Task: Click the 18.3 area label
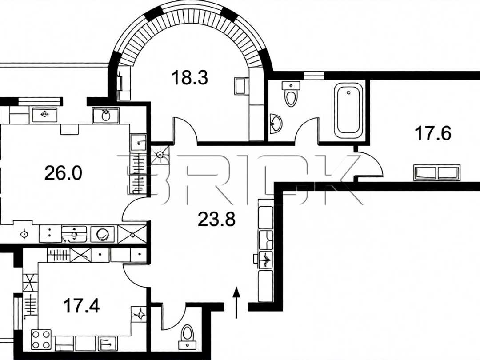tap(189, 77)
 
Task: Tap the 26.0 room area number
tap(64, 172)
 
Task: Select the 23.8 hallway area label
tap(216, 219)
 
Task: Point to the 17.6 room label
tap(433, 133)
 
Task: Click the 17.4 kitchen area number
tap(81, 306)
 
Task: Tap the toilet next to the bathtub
tap(291, 94)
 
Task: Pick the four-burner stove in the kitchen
tap(41, 340)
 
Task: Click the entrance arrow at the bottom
tap(236, 303)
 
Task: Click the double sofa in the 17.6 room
tap(437, 172)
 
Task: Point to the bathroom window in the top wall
tap(313, 75)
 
